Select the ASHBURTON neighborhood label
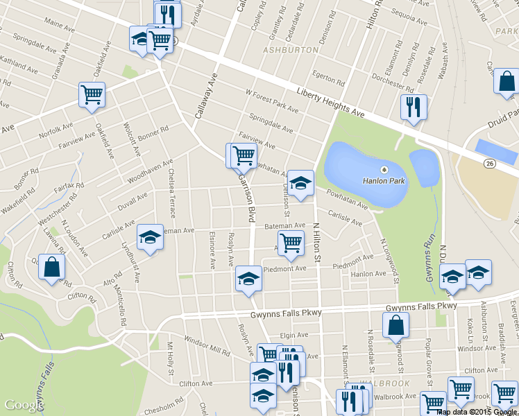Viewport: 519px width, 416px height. point(291,50)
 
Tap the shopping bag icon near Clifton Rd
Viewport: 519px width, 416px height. point(52,268)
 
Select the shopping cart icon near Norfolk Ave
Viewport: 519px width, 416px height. point(92,95)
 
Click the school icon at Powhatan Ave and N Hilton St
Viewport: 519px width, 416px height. point(300,184)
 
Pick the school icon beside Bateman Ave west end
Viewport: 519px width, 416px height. point(150,238)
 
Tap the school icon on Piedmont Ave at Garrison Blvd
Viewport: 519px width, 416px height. point(248,279)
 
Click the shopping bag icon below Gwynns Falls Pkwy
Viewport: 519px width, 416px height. point(395,325)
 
